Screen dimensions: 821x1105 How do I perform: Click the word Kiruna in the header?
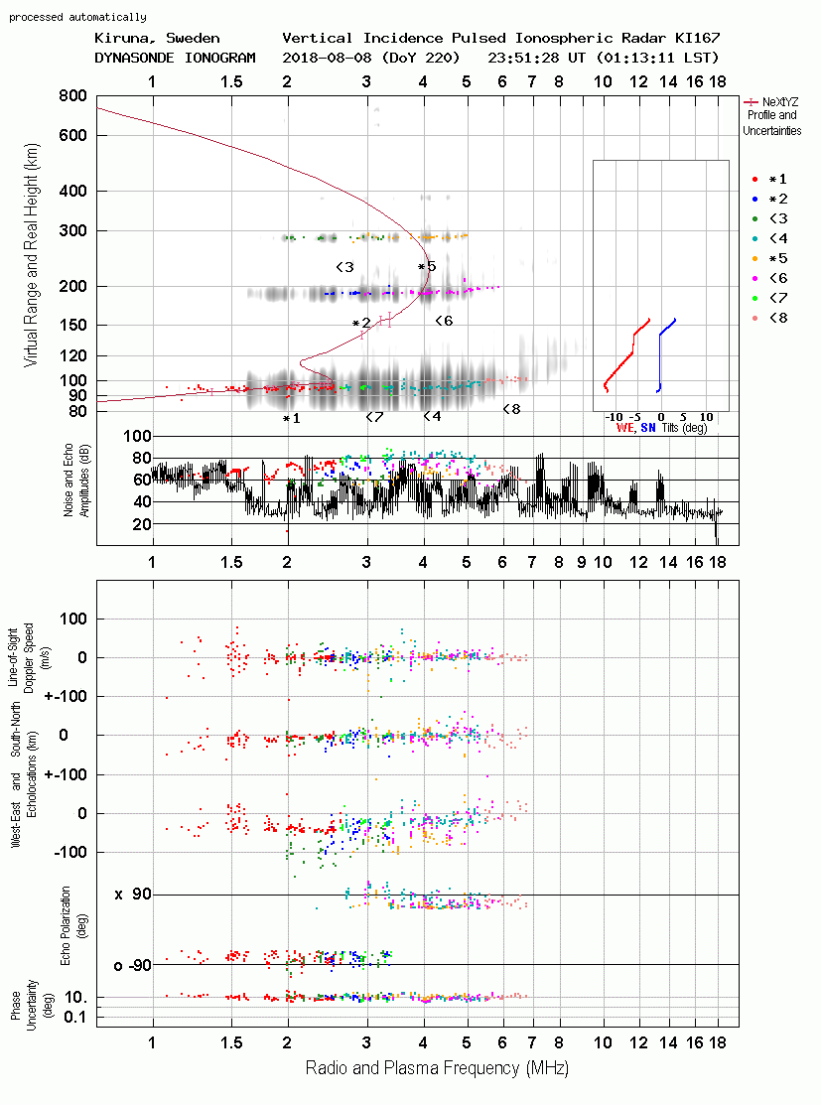pyautogui.click(x=121, y=39)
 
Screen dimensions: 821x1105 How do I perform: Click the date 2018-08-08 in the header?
pyautogui.click(x=327, y=58)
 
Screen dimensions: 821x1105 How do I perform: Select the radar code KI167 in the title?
pyautogui.click(x=697, y=38)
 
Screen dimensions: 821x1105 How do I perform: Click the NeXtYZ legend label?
pyautogui.click(x=780, y=102)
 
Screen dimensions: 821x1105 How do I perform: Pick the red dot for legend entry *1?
pyautogui.click(x=754, y=180)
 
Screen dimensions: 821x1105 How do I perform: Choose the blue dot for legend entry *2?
pyautogui.click(x=754, y=200)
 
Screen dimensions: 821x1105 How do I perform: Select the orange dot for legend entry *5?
pyautogui.click(x=754, y=259)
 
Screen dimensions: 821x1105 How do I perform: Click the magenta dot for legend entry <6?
pyautogui.click(x=754, y=278)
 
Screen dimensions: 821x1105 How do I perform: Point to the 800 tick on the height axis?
pyautogui.click(x=73, y=96)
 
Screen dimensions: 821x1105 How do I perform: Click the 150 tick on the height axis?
pyautogui.click(x=73, y=325)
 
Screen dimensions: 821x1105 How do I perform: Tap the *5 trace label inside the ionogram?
pyautogui.click(x=427, y=267)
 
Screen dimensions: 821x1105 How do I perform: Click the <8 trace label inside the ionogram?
pyautogui.click(x=511, y=409)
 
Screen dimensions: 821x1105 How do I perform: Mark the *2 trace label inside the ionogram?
pyautogui.click(x=361, y=324)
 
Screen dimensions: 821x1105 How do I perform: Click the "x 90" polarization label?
pyautogui.click(x=132, y=895)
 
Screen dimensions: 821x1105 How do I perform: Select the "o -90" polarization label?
pyautogui.click(x=132, y=965)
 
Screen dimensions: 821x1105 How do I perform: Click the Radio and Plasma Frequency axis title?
pyautogui.click(x=437, y=1068)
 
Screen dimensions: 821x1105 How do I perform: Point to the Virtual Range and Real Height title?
pyautogui.click(x=31, y=255)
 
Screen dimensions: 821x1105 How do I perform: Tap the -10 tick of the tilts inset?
pyautogui.click(x=615, y=417)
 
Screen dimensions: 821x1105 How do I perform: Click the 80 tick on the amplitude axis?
pyautogui.click(x=142, y=458)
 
